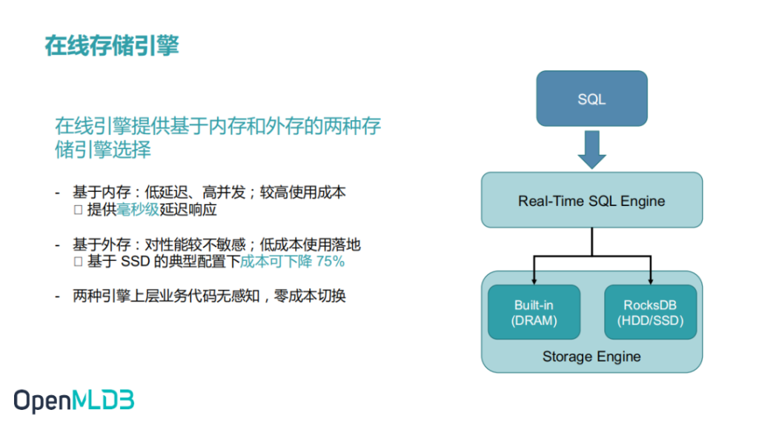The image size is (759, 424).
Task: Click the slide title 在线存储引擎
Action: (112, 46)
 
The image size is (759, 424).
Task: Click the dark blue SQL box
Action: (591, 99)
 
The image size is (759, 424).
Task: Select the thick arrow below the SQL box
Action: (591, 150)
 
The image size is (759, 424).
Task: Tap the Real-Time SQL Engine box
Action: (591, 200)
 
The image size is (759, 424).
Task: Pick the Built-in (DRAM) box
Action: (534, 312)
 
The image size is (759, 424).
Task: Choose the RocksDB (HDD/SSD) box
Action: (650, 312)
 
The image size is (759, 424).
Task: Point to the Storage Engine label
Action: (591, 357)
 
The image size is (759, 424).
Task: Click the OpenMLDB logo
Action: (73, 401)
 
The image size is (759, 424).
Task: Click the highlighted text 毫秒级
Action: (138, 210)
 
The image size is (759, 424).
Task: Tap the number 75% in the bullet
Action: (330, 262)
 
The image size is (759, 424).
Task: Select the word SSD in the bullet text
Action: (135, 262)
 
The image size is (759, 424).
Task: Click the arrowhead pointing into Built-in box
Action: (534, 281)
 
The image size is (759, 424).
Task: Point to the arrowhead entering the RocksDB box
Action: (651, 281)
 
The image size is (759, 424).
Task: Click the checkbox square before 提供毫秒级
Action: (78, 210)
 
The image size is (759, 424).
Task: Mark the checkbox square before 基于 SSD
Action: (78, 262)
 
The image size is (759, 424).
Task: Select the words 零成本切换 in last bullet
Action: (310, 296)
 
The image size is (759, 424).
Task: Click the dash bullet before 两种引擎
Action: (58, 297)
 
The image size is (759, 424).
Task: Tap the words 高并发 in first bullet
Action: (224, 193)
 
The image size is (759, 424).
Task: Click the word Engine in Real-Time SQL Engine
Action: (643, 201)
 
